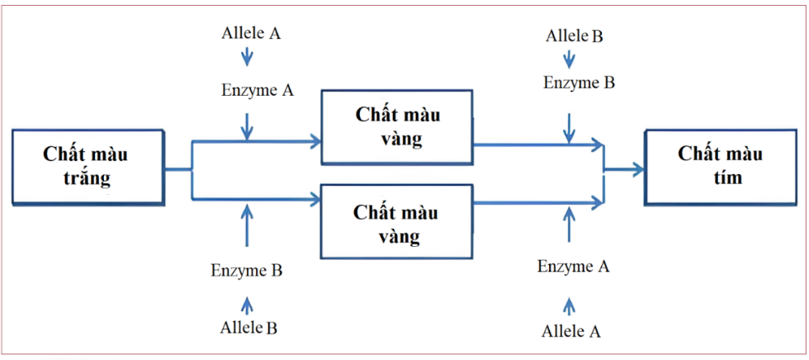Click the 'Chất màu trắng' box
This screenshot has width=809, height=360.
(x=88, y=166)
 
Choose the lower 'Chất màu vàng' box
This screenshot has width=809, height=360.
(x=396, y=225)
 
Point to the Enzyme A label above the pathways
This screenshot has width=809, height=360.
(x=257, y=90)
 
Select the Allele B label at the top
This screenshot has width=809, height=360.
(x=575, y=36)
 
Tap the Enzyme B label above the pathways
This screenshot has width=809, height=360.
(x=579, y=83)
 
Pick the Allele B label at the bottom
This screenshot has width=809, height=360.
(x=248, y=327)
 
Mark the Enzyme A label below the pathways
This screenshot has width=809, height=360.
(x=573, y=266)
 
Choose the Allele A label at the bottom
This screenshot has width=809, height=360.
(x=570, y=331)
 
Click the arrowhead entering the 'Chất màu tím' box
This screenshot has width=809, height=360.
(x=638, y=169)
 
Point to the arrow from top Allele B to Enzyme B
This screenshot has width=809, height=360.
(x=568, y=59)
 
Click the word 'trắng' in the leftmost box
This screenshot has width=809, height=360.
(x=88, y=177)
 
